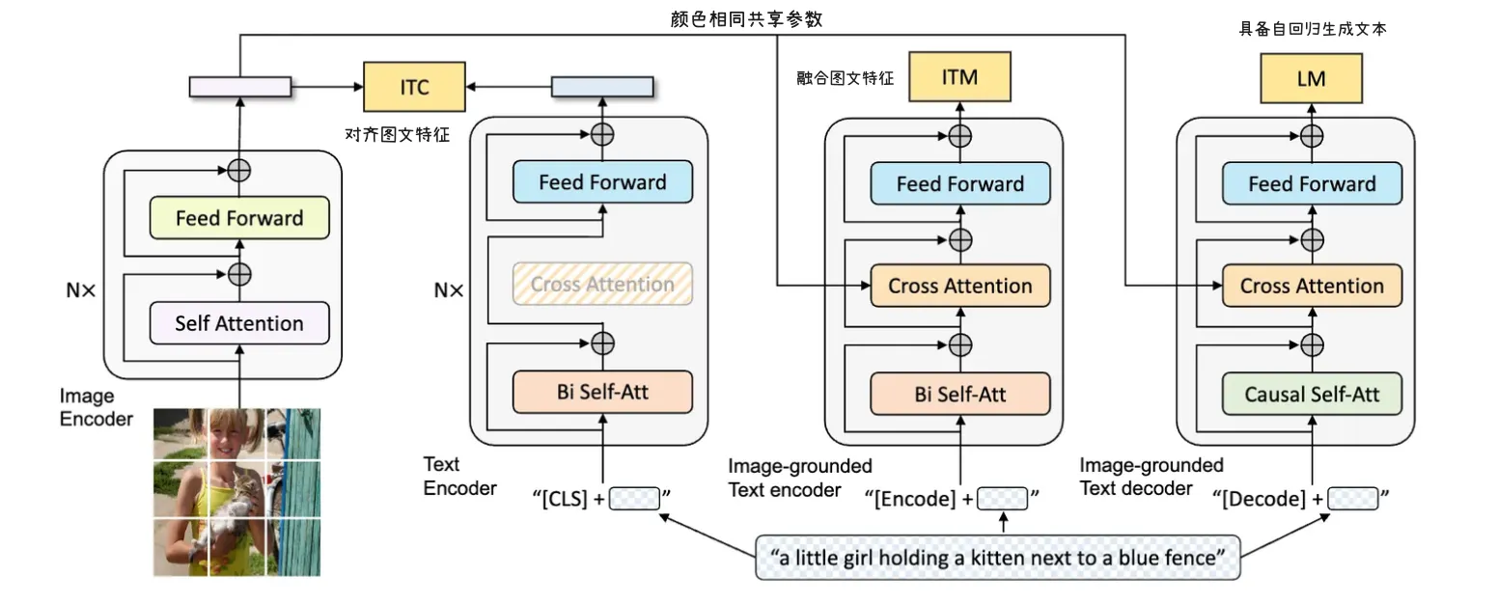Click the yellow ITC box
[x=414, y=86]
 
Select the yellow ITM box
[x=959, y=77]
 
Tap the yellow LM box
[x=1311, y=77]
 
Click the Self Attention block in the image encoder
[x=239, y=323]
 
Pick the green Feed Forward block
[x=239, y=219]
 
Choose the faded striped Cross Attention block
[x=602, y=285]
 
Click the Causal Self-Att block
[x=1312, y=394]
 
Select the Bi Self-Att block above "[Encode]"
[x=959, y=394]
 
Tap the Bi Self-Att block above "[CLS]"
[x=602, y=392]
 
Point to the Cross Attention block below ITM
[x=959, y=287]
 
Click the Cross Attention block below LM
[x=1312, y=287]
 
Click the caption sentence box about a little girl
[x=997, y=557]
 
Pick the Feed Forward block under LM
[x=1312, y=183]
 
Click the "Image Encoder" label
[x=96, y=407]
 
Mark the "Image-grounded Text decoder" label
[x=1151, y=477]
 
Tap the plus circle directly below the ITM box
[x=959, y=135]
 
